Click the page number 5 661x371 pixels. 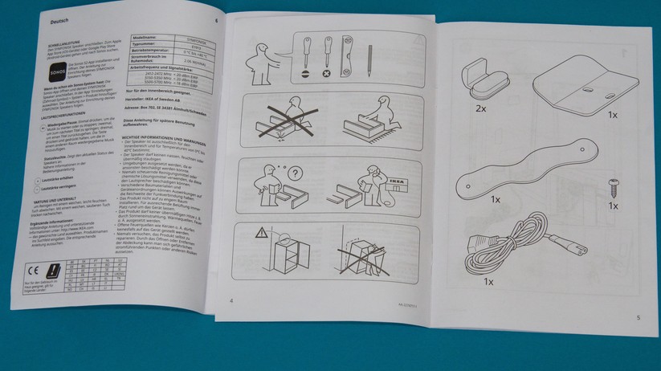click(638, 318)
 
